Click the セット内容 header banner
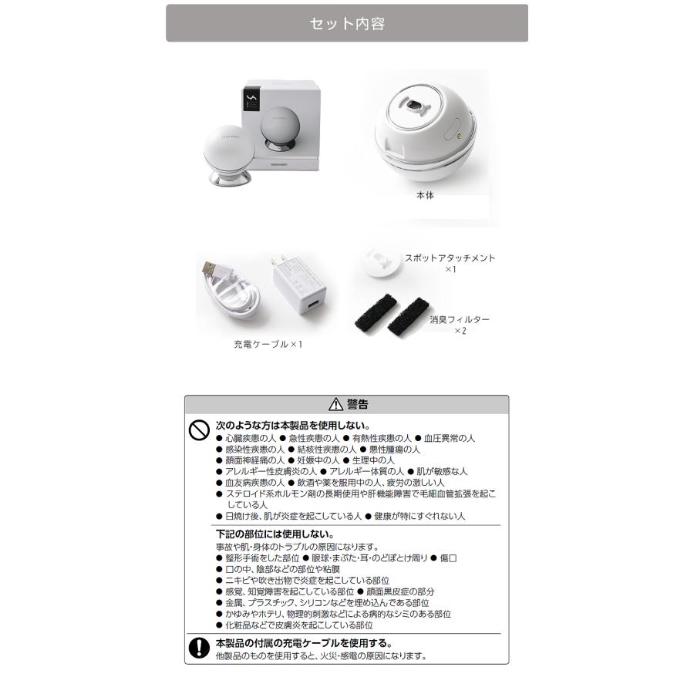click(347, 23)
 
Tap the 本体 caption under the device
click(425, 196)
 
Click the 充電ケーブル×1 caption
click(268, 344)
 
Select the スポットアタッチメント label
click(450, 258)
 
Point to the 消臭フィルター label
click(460, 319)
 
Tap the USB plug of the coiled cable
click(209, 269)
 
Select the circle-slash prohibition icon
click(199, 430)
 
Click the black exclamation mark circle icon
click(199, 647)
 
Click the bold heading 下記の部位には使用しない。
click(274, 534)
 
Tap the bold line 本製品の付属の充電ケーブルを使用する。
click(304, 642)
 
